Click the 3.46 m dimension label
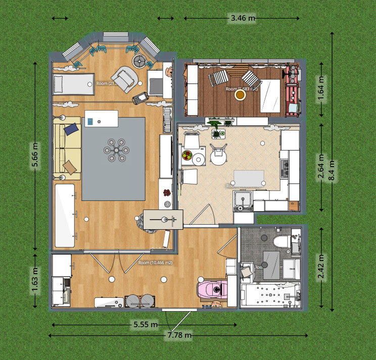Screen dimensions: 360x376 pos(243,18)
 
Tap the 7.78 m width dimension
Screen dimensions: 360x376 pos(180,335)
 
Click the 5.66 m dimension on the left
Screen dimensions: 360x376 pos(35,156)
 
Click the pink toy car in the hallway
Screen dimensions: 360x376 pos(213,290)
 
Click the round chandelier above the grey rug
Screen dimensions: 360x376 pos(115,150)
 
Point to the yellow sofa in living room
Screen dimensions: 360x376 pos(67,148)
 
